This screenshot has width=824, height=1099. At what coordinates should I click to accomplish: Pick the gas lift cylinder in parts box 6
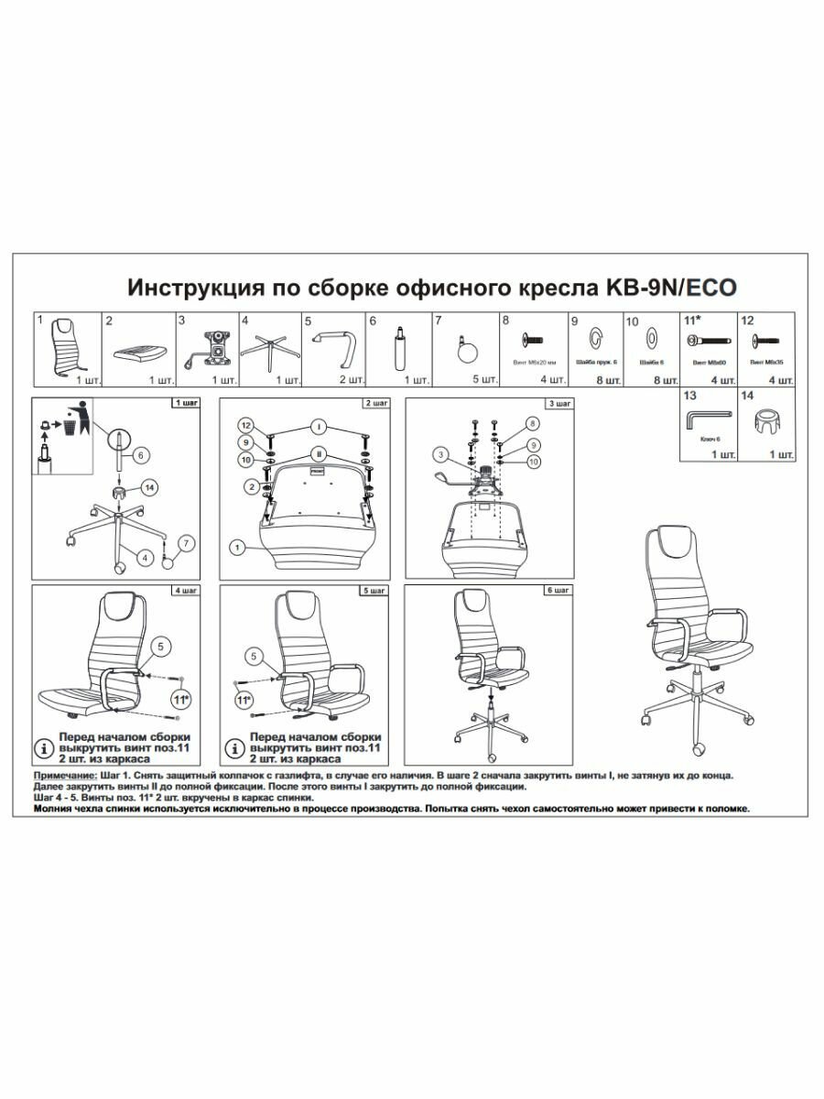(399, 347)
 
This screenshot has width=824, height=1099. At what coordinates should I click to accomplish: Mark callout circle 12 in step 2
(244, 425)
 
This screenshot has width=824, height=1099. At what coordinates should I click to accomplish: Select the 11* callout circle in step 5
(244, 702)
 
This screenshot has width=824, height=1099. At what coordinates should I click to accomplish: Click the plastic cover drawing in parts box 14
(765, 424)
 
